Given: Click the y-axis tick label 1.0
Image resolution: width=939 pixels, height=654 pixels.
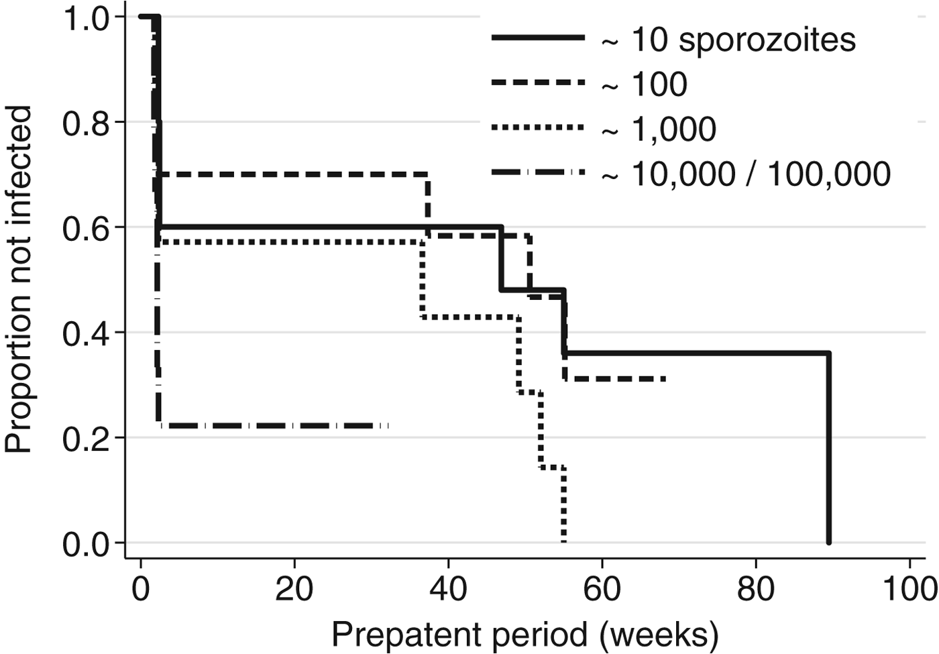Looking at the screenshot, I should [x=86, y=19].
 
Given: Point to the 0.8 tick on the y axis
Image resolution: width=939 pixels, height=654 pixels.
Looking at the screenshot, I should [x=86, y=123].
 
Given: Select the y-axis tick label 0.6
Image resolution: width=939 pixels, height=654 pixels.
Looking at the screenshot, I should [x=86, y=229].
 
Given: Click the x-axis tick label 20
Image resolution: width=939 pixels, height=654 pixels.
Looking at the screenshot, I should [x=294, y=590].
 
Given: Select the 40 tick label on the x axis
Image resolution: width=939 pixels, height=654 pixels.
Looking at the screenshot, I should [x=448, y=590].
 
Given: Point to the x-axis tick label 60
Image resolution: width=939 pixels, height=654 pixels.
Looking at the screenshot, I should [x=602, y=590].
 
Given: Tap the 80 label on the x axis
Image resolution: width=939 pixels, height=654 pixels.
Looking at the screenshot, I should [x=756, y=590].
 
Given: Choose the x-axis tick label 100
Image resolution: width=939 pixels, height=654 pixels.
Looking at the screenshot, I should [x=909, y=590].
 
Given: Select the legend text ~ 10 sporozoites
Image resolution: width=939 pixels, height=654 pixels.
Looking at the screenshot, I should [x=728, y=40].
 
